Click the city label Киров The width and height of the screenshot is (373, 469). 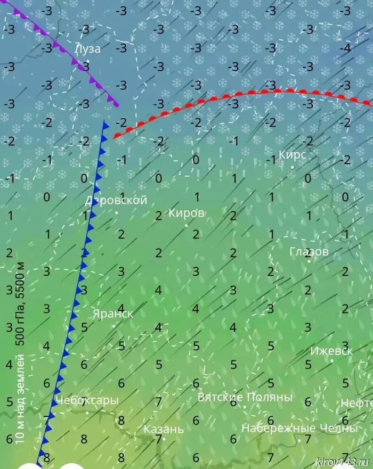coord(186,213)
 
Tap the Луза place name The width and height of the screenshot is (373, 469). coord(87,48)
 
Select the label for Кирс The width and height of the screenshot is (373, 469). coord(293,155)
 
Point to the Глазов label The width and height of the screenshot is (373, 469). coord(309,251)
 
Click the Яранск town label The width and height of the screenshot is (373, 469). coord(113,314)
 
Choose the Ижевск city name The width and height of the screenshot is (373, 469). coord(331,351)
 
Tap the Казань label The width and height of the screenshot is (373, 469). coord(164,429)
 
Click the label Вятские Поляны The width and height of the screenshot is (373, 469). coord(245,397)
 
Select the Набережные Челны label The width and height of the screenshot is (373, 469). coord(298,428)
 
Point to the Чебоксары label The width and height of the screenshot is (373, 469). coord(87,400)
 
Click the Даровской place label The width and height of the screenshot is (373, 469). coord(116,201)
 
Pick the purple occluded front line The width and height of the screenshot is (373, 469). coord(64,53)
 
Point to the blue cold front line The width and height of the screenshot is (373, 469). coord(80,277)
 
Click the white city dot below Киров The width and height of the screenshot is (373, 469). coord(186,226)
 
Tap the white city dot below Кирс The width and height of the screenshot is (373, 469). coord(292,167)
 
